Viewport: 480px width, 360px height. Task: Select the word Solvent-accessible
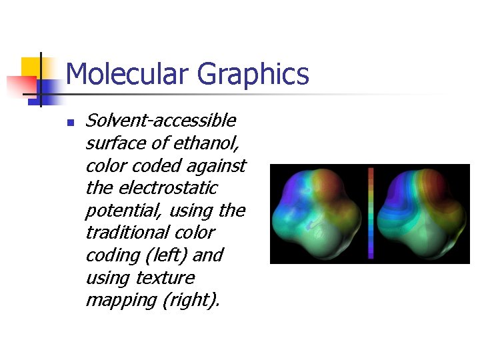[x=161, y=121]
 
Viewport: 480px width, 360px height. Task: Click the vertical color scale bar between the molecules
[x=371, y=213]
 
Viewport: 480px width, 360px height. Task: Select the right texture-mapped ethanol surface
[x=421, y=213]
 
